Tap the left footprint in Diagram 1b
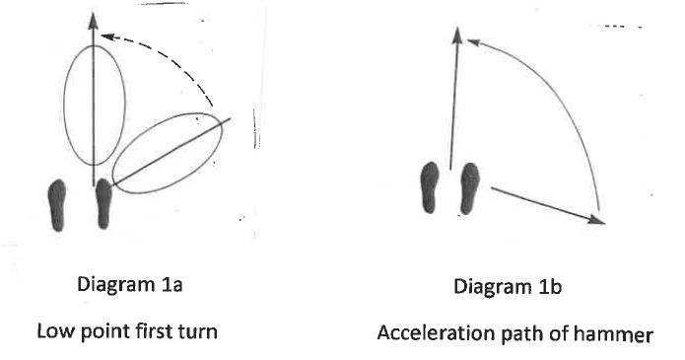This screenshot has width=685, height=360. coord(430,186)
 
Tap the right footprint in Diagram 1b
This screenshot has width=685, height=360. coord(468,187)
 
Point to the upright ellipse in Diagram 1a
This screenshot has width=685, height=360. coord(95,105)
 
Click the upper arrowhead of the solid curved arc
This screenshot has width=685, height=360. coord(471,41)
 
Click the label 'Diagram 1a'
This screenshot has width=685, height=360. coord(127,288)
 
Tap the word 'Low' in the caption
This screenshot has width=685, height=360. coord(52,329)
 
